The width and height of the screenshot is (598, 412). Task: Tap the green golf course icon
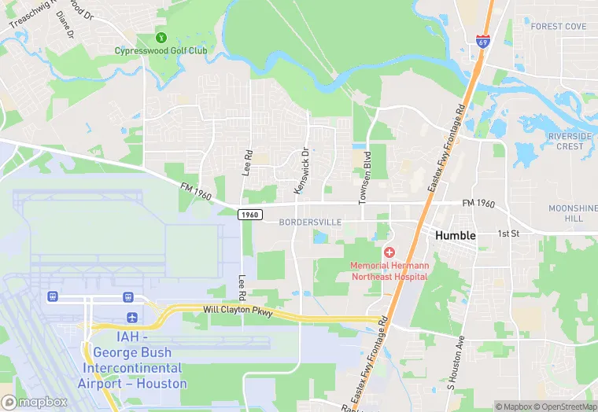coord(161,37)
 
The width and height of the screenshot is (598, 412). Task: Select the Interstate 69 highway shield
coord(482,40)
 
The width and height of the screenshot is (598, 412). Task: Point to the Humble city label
coord(456,235)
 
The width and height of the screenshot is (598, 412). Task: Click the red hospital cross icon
coord(389,252)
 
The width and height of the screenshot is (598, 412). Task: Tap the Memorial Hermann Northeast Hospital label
coord(389,271)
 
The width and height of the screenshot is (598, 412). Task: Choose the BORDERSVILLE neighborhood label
coord(310,223)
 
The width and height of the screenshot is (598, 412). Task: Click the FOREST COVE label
coord(559,27)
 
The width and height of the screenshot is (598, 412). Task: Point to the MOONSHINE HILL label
coord(573,212)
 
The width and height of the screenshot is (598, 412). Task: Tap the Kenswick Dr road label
coord(301,171)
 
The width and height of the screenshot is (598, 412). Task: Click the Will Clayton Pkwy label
coord(238,311)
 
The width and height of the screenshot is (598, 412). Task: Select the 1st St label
coord(509,234)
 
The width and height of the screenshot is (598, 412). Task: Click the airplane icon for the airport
coord(131,317)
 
